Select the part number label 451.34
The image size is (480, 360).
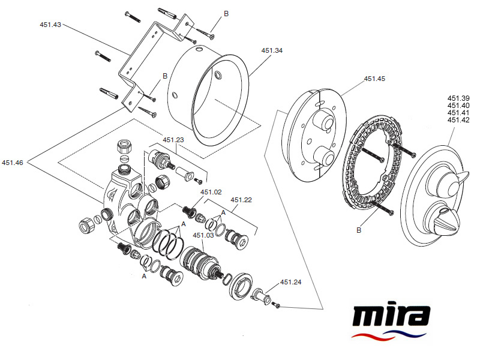(x=271, y=51)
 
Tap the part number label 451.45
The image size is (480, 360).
(x=374, y=79)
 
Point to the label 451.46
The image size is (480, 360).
(x=12, y=162)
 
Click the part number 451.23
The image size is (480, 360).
(x=173, y=140)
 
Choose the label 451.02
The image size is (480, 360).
(x=211, y=192)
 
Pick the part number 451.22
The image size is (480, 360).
(x=242, y=200)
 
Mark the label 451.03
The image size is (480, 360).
(x=203, y=235)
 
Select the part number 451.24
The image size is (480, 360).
(x=290, y=282)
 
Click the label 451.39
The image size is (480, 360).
(x=458, y=98)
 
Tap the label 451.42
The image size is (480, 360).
(x=458, y=120)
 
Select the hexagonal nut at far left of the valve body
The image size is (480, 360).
(x=85, y=226)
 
